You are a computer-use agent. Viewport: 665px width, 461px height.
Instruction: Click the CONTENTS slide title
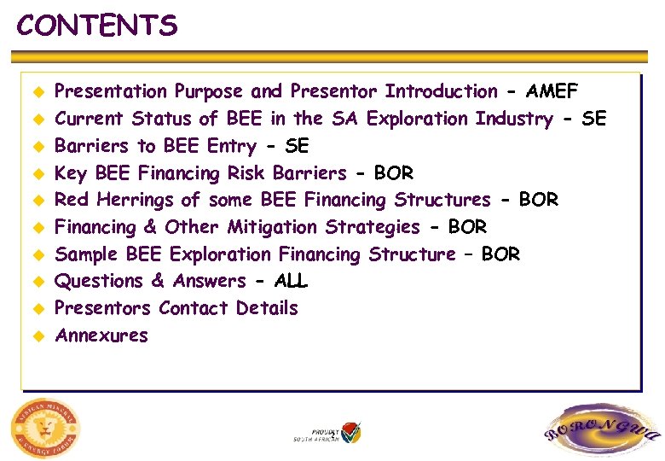97,26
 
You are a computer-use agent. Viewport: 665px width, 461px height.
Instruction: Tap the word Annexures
101,336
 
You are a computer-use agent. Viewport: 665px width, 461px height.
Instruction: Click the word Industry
513,119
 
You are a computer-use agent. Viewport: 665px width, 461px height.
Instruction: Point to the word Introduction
441,91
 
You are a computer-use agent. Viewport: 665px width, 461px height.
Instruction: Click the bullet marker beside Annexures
38,336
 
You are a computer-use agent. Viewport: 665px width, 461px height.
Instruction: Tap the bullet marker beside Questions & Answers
38,282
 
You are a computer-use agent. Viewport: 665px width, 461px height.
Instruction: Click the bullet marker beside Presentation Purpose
38,92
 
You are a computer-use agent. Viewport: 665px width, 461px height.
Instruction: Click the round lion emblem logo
46,426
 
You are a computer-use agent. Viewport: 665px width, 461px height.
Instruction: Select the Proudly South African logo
328,432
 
